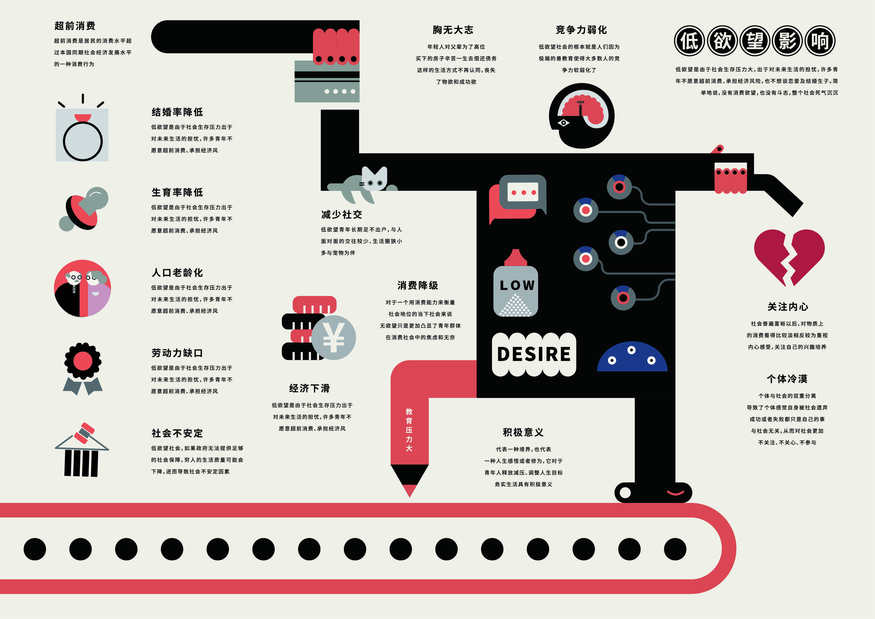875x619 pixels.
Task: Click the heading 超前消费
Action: [75, 26]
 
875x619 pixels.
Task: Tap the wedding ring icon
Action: [82, 137]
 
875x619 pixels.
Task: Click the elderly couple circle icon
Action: [82, 288]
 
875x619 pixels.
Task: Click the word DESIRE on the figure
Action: [534, 354]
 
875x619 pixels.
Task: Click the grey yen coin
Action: [334, 338]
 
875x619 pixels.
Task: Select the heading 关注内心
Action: [787, 307]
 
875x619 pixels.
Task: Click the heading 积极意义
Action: [523, 432]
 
